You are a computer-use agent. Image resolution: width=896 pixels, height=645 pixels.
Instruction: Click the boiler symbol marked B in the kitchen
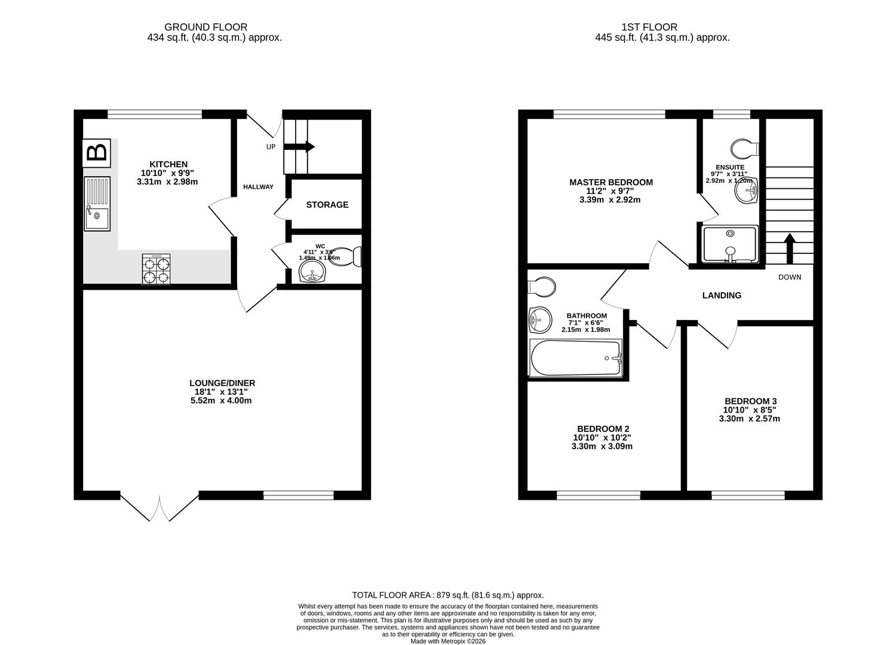[x=97, y=152]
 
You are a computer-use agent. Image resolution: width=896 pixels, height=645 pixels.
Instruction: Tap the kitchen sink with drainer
[x=97, y=204]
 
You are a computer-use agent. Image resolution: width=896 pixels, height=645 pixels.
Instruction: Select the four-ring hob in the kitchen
[x=156, y=269]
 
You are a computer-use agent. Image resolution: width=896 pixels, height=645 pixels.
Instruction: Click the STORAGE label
[x=327, y=205]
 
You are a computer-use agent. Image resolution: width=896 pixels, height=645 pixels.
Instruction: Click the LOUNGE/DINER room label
[x=222, y=383]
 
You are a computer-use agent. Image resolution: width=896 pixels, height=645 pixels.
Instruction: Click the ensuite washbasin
[x=745, y=191]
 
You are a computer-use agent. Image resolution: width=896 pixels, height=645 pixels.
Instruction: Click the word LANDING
[x=722, y=295]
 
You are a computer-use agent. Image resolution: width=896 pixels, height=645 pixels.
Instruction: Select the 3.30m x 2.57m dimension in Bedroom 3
[x=749, y=419]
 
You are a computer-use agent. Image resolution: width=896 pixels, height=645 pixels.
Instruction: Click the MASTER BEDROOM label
[x=610, y=182]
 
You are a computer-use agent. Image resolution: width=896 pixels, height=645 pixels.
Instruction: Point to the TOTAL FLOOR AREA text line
[x=448, y=595]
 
